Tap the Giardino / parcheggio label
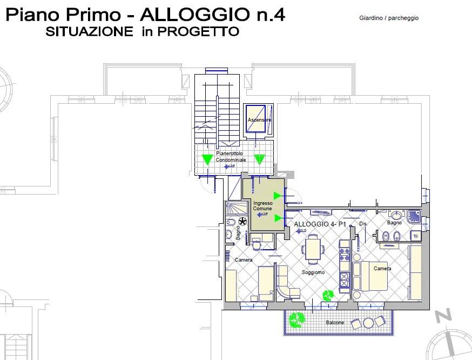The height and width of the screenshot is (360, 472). pyautogui.click(x=389, y=18)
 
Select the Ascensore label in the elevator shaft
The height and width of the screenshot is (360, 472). pyautogui.click(x=259, y=119)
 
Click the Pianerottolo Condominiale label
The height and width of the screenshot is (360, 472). pyautogui.click(x=231, y=157)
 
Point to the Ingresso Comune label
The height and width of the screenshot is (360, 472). pyautogui.click(x=262, y=205)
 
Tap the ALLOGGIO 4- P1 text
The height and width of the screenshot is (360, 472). pyautogui.click(x=320, y=224)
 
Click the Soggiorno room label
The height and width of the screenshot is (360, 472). pyautogui.click(x=313, y=272)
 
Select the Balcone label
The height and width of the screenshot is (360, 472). pyautogui.click(x=334, y=323)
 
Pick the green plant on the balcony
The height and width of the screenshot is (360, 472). pyautogui.click(x=295, y=320)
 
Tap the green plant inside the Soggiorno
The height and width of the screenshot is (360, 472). pyautogui.click(x=328, y=295)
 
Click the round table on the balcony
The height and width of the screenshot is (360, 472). pyautogui.click(x=369, y=323)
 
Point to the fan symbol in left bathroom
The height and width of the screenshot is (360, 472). pyautogui.click(x=242, y=222)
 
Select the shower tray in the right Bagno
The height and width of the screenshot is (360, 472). pyautogui.click(x=414, y=216)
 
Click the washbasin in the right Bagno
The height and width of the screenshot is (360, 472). pyautogui.click(x=397, y=214)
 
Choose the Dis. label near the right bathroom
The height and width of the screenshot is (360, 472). pyautogui.click(x=363, y=223)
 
